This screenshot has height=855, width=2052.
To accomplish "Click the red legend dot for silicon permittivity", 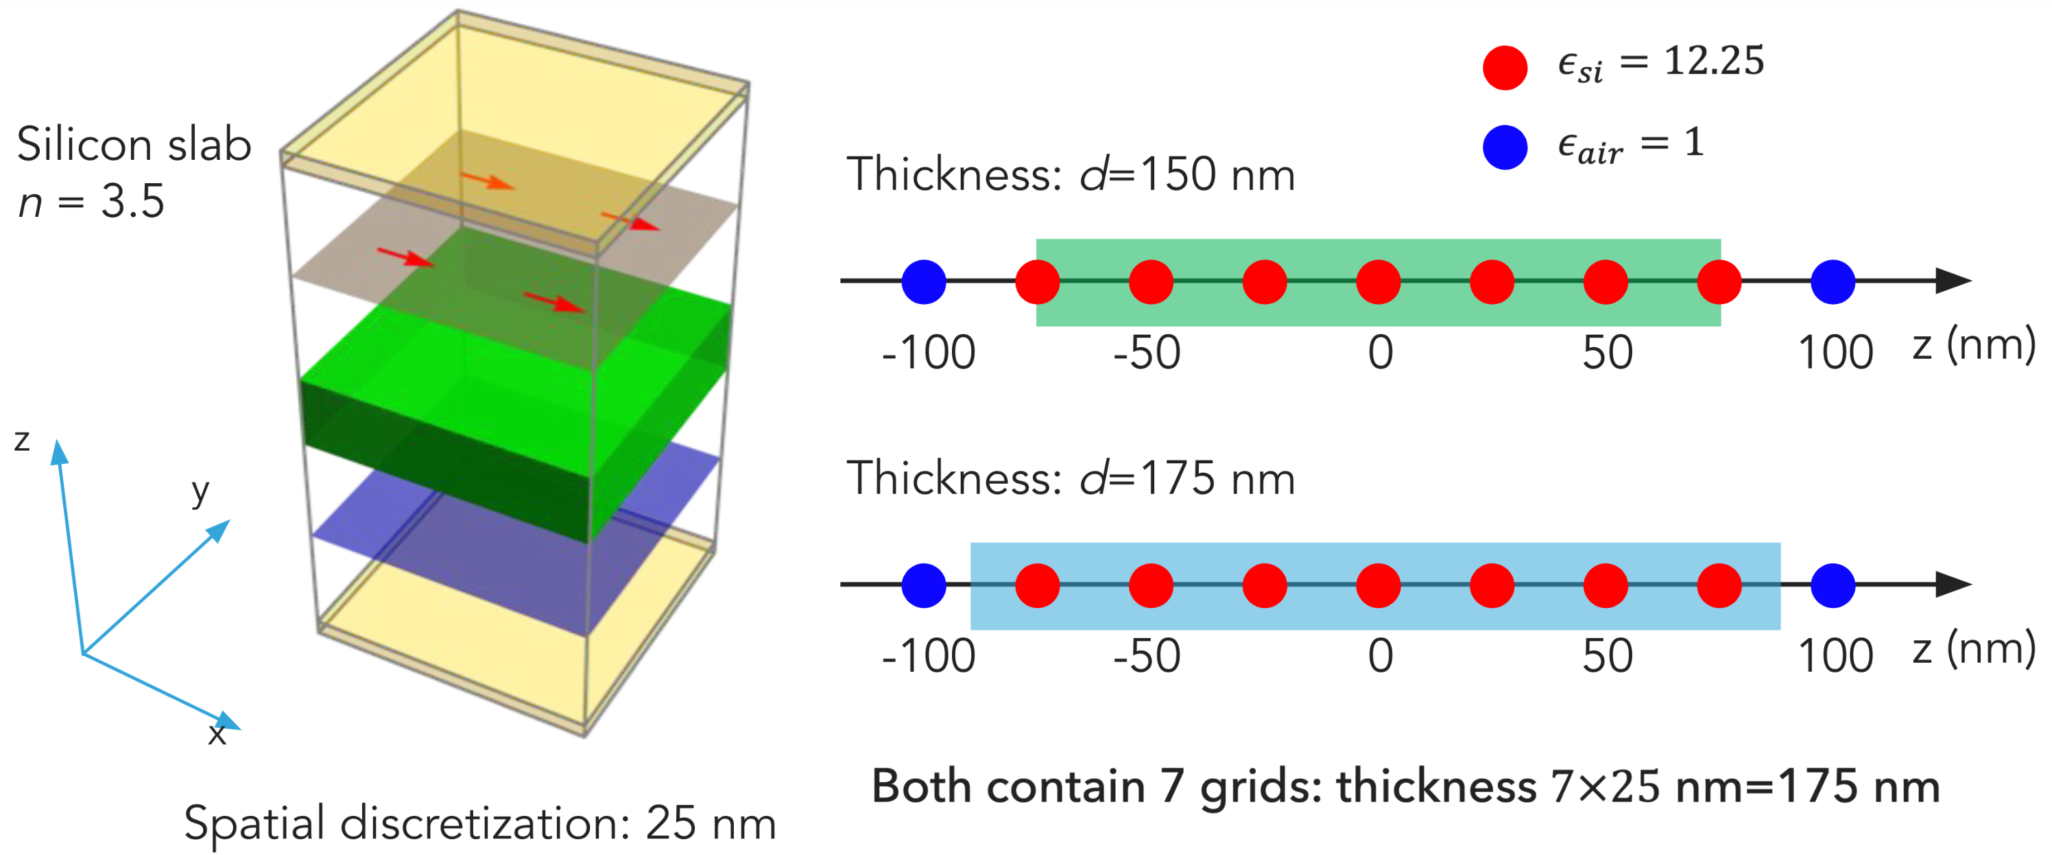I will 1505,68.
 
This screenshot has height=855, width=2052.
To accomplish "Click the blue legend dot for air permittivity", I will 1505,148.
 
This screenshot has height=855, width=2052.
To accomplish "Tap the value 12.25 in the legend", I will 1715,60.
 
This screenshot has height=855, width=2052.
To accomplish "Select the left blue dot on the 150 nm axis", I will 924,281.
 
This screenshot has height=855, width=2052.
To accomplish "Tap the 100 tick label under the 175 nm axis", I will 1835,657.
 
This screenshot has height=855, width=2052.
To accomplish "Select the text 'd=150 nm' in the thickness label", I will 1187,174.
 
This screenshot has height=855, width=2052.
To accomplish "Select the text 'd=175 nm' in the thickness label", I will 1187,479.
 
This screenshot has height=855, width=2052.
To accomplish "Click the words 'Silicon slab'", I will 134,145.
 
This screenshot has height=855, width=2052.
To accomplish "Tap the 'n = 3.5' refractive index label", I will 92,202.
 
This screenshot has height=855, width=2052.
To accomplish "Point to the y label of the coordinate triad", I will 200,491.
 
